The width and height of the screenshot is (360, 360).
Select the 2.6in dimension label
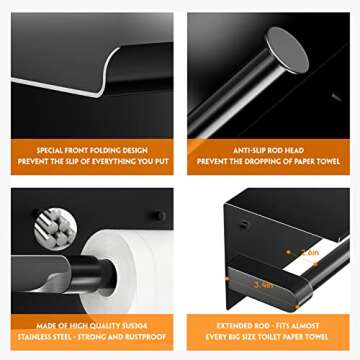310,254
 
